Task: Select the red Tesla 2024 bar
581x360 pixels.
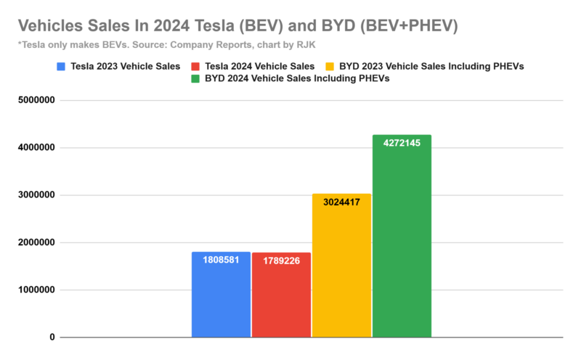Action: point(281,301)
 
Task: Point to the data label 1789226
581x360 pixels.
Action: point(281,261)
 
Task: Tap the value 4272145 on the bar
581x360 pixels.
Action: point(402,143)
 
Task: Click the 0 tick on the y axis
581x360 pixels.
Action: point(52,337)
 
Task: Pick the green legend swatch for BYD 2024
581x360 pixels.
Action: point(195,78)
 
